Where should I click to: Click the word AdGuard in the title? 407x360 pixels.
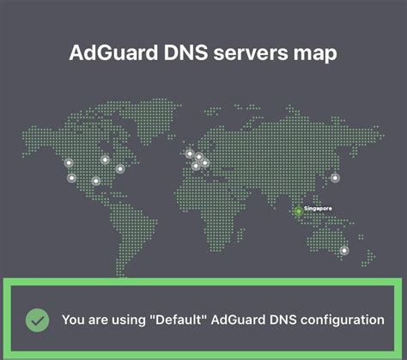[x=113, y=52]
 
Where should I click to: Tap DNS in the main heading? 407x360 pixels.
[x=185, y=52]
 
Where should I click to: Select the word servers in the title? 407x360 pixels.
[x=251, y=53]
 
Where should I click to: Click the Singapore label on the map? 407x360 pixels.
[x=318, y=208]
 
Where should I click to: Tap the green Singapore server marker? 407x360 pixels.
[x=298, y=211]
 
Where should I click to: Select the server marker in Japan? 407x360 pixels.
[x=335, y=178]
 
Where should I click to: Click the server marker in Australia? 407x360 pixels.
[x=344, y=251]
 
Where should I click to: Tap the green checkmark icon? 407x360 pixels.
[x=37, y=320]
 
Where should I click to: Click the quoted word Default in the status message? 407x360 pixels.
[x=178, y=320]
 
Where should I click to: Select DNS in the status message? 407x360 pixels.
[x=282, y=320]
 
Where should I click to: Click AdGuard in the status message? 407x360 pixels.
[x=238, y=320]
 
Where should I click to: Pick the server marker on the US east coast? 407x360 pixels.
[x=120, y=169]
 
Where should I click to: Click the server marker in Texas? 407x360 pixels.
[x=96, y=180]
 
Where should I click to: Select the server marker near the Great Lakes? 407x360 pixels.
[x=105, y=160]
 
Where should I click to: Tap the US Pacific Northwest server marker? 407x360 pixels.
[x=69, y=163]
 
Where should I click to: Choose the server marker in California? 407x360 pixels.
[x=72, y=178]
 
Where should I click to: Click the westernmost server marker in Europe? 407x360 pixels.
[x=190, y=154]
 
